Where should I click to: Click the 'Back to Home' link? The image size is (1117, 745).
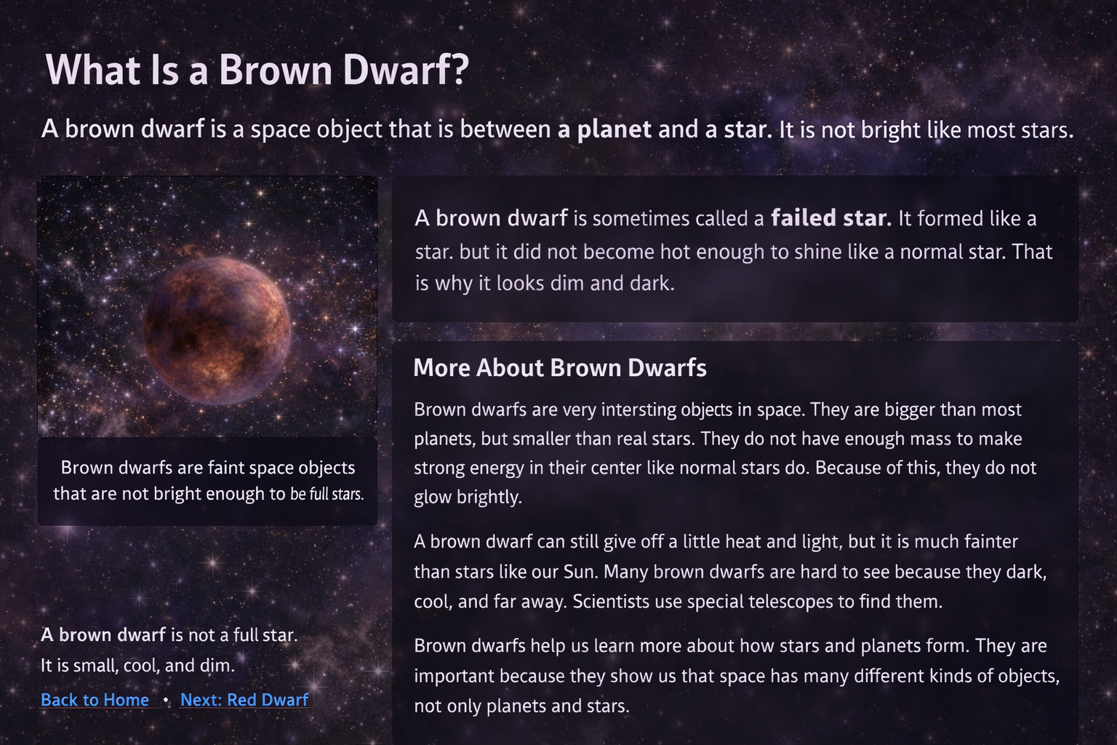pyautogui.click(x=95, y=700)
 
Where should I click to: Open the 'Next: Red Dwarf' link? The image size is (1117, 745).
pyautogui.click(x=244, y=700)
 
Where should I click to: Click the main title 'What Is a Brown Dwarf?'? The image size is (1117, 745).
pyautogui.click(x=257, y=70)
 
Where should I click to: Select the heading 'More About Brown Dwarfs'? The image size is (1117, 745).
pyautogui.click(x=559, y=368)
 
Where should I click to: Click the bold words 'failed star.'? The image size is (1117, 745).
pyautogui.click(x=830, y=218)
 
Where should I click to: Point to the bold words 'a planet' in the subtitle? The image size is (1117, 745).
pyautogui.click(x=604, y=130)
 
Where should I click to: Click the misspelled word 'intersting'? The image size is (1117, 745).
pyautogui.click(x=638, y=410)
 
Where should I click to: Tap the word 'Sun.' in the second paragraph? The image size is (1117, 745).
pyautogui.click(x=580, y=572)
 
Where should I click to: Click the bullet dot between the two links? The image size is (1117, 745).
pyautogui.click(x=166, y=700)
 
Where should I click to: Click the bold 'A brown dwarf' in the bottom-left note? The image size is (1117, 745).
pyautogui.click(x=103, y=635)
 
